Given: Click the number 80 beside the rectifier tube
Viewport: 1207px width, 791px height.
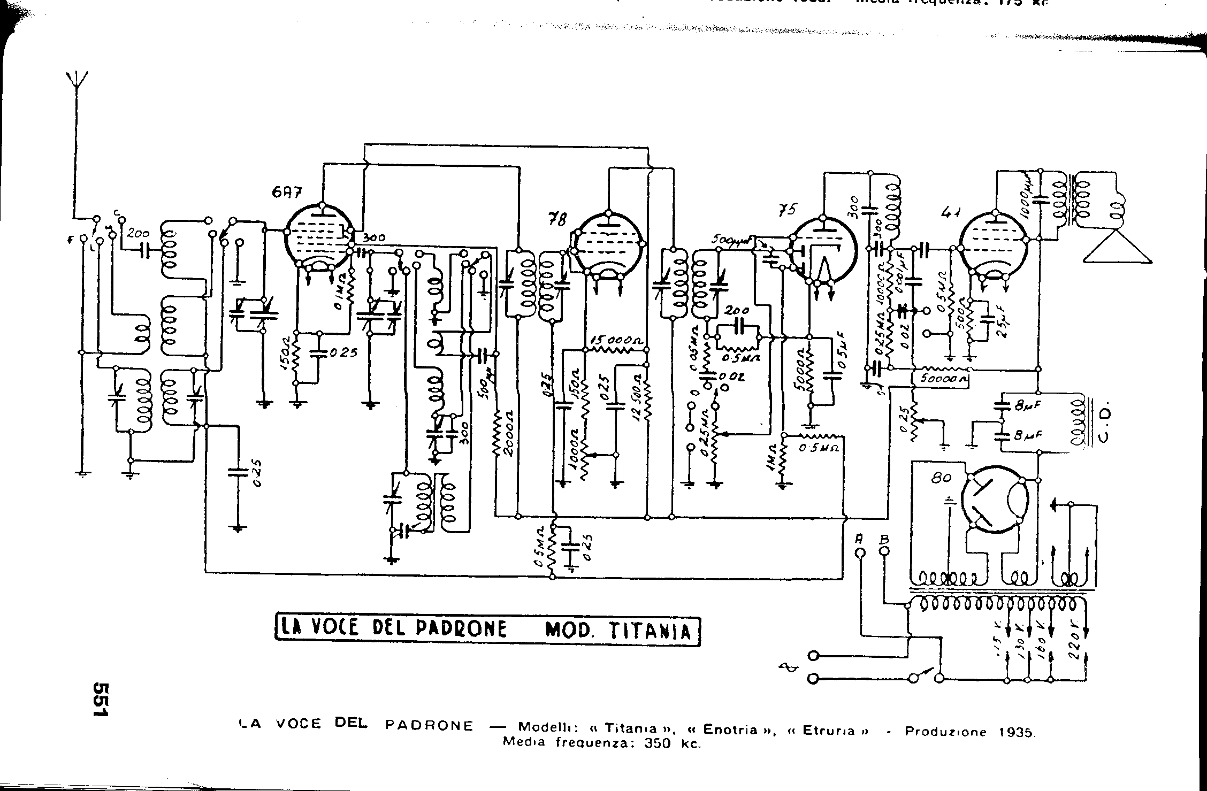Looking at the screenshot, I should [939, 478].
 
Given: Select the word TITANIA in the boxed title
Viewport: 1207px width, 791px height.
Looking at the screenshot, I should [649, 632].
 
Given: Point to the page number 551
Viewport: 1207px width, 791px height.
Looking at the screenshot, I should [101, 699].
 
